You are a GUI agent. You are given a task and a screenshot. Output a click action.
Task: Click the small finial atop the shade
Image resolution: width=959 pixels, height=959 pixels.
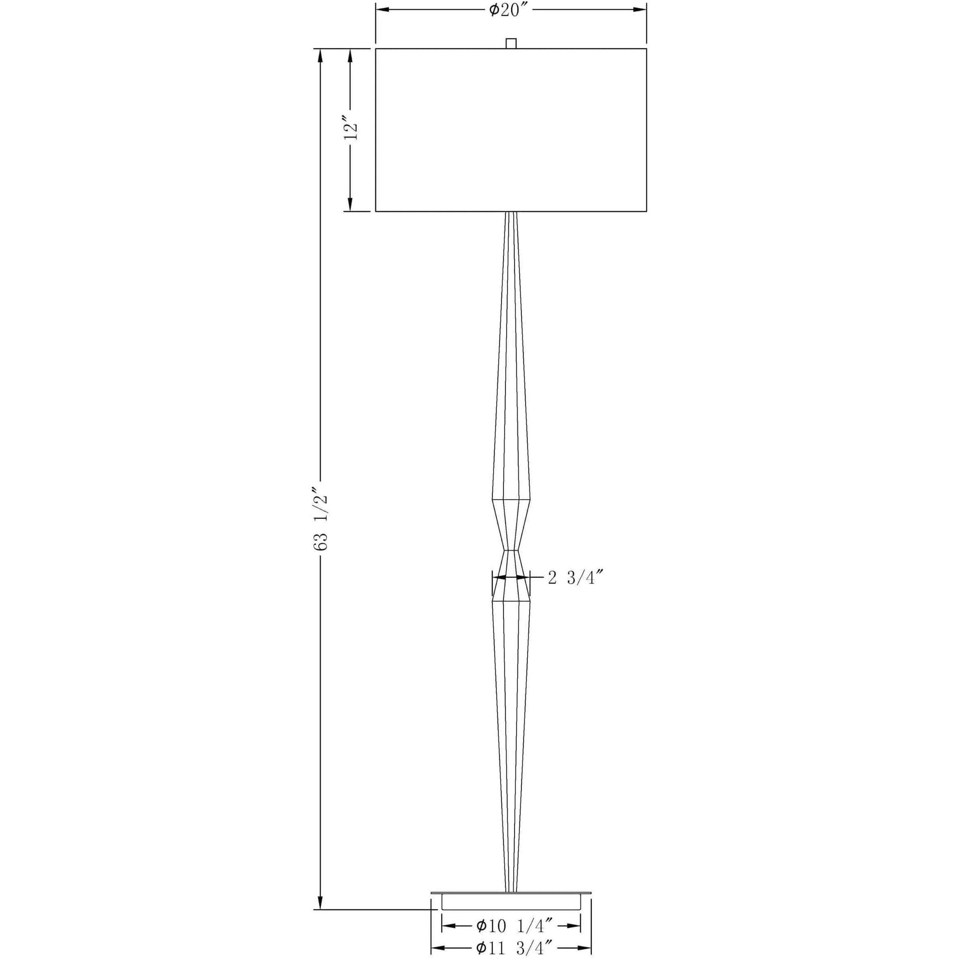click(x=511, y=43)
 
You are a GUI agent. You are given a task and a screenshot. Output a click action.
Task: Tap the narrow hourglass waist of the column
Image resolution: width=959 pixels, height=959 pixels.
click(x=511, y=550)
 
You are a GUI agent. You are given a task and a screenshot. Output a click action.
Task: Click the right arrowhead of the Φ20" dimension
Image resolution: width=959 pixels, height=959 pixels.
click(x=640, y=9)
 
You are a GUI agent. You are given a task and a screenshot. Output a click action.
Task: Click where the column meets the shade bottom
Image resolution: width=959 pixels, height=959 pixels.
click(x=511, y=213)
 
